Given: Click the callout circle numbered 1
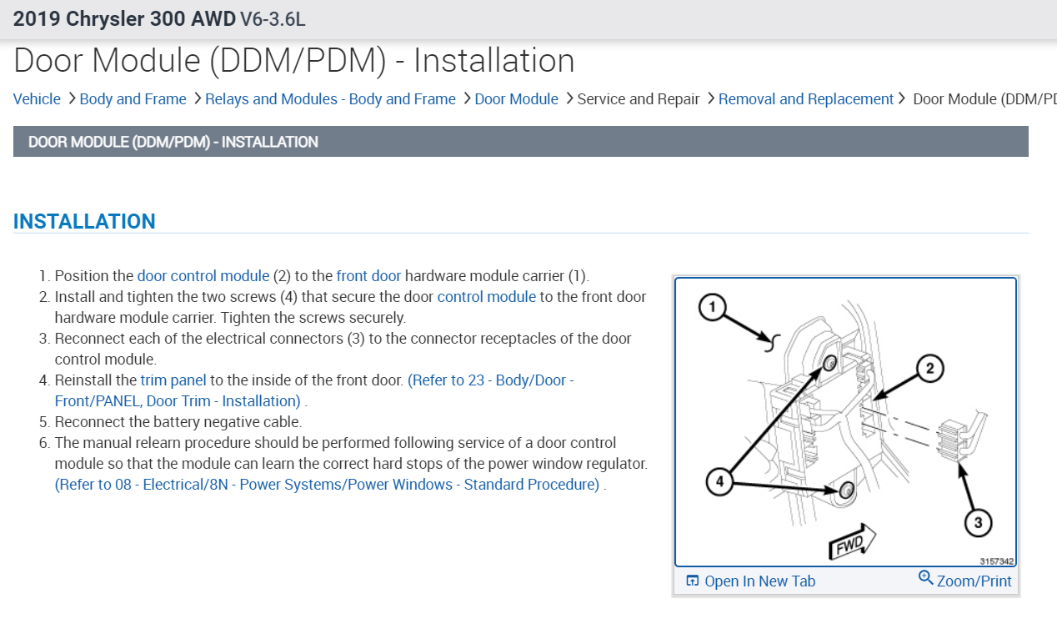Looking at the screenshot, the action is pyautogui.click(x=711, y=308).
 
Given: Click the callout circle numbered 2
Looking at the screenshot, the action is pyautogui.click(x=929, y=367).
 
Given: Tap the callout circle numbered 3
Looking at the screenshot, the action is pyautogui.click(x=978, y=523).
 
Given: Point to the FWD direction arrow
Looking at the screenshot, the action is pyautogui.click(x=851, y=542).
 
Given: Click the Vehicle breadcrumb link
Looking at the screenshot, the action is pyautogui.click(x=37, y=99).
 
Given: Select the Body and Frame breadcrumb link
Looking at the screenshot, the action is pyautogui.click(x=133, y=99).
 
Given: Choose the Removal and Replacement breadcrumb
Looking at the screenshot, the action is pyautogui.click(x=805, y=99).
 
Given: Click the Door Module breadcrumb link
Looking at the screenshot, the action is pyautogui.click(x=516, y=99).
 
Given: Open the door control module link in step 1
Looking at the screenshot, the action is pyautogui.click(x=203, y=276).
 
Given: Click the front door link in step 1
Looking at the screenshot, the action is pyautogui.click(x=368, y=276).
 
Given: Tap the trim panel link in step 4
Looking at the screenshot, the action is pyautogui.click(x=173, y=380).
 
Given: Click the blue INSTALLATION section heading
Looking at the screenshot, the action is pyautogui.click(x=84, y=221).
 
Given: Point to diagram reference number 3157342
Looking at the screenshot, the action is pyautogui.click(x=997, y=561).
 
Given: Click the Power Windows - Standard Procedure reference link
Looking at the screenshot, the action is pyautogui.click(x=327, y=485).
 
